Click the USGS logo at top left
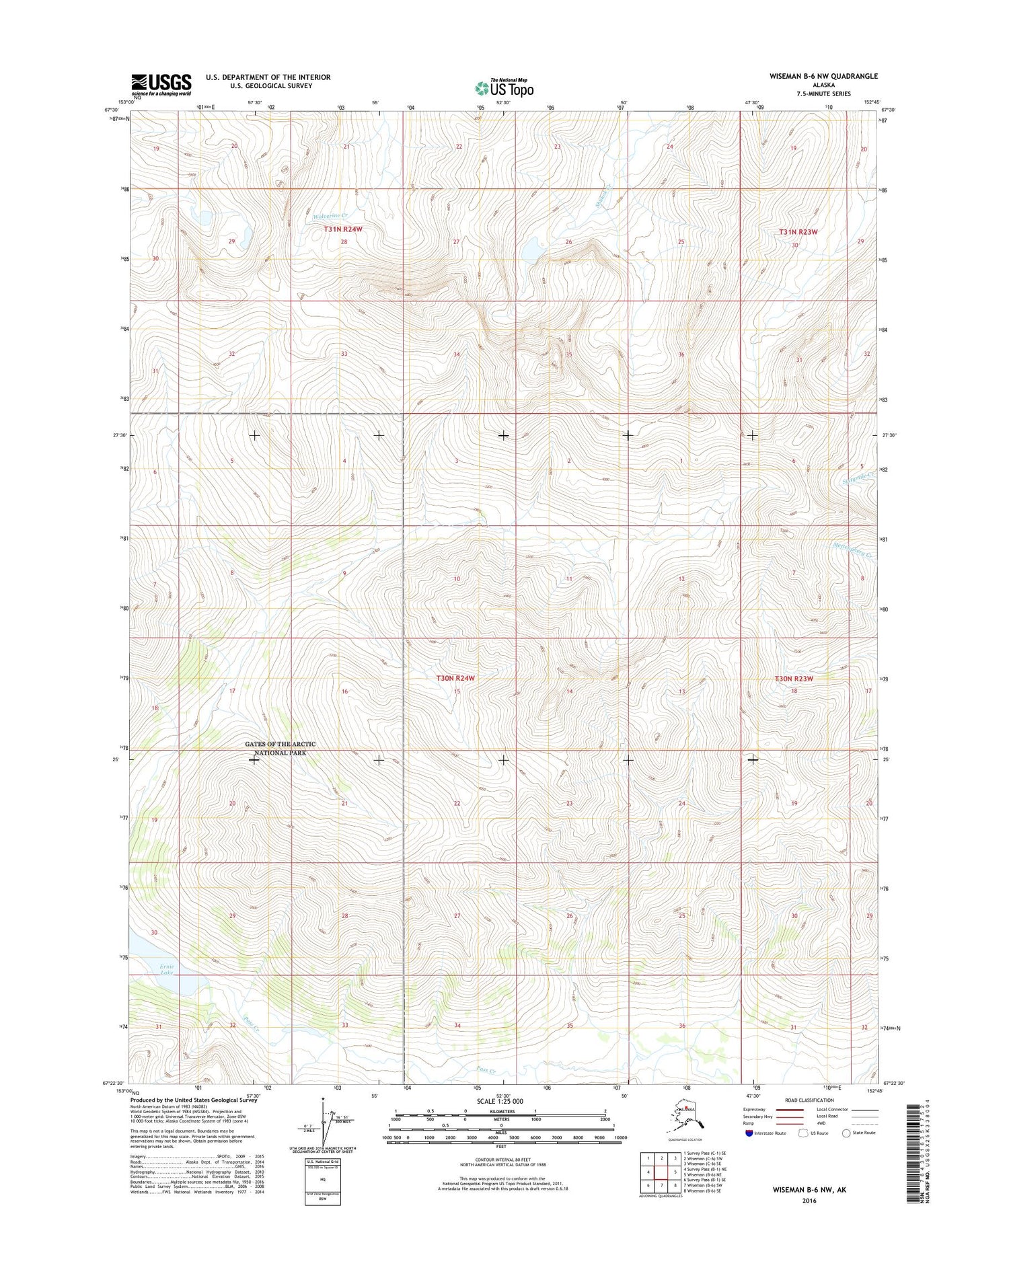161,83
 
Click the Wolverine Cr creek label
329,217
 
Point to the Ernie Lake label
167,969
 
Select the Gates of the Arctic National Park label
280,749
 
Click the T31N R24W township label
343,229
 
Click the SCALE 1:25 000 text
499,1102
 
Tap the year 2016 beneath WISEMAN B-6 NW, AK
809,1201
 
